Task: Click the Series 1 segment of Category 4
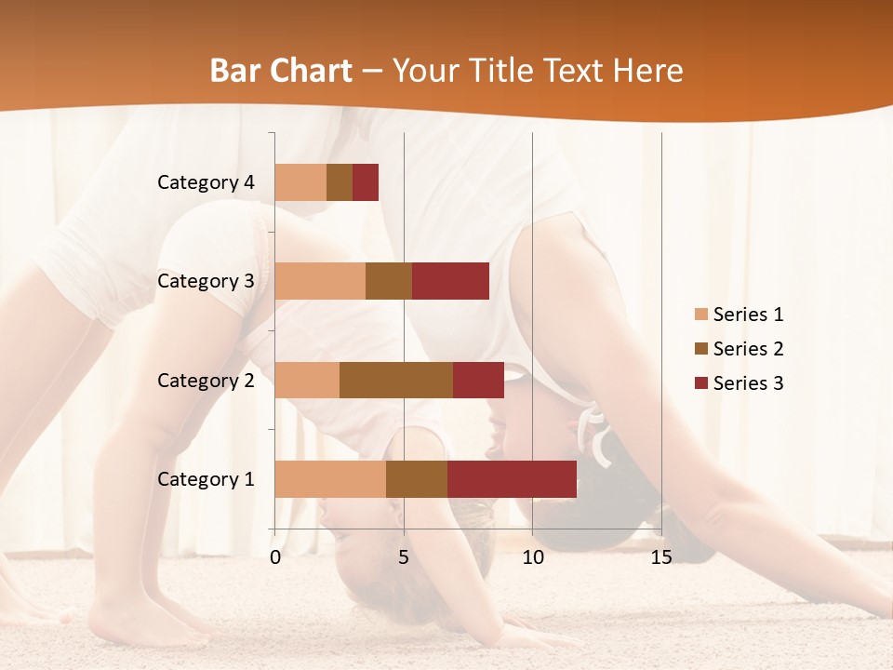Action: [x=300, y=182]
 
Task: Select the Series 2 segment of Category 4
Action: [x=340, y=182]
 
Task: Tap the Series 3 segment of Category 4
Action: [x=366, y=182]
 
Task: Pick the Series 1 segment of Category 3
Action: [x=320, y=281]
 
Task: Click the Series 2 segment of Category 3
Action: [x=389, y=281]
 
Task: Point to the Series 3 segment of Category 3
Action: [x=450, y=281]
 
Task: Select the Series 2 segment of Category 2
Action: [x=396, y=380]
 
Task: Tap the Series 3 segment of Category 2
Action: [x=478, y=380]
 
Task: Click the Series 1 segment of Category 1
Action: [x=330, y=479]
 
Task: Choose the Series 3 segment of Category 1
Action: [x=512, y=479]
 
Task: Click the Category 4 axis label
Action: [x=206, y=182]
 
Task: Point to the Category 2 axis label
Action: [x=206, y=381]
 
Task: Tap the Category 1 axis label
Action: [x=206, y=479]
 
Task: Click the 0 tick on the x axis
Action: [x=275, y=557]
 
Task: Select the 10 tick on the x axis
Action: [x=532, y=557]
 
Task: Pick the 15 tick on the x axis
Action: [x=661, y=557]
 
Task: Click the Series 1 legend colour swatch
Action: [x=700, y=315]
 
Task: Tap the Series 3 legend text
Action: [x=748, y=383]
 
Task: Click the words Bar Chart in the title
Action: [x=281, y=71]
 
